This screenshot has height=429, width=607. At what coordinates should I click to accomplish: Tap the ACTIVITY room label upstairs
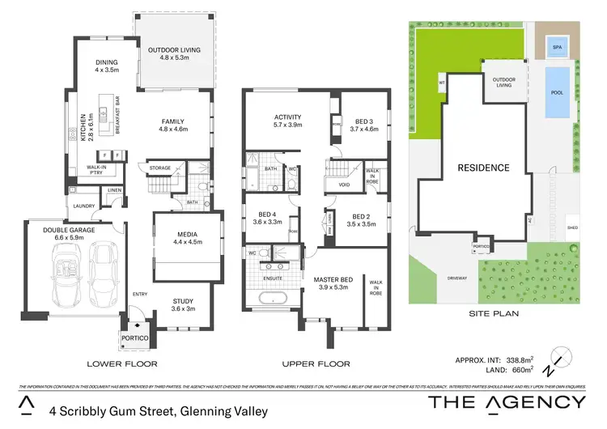pyautogui.click(x=287, y=117)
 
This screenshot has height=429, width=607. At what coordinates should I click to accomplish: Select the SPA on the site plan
pyautogui.click(x=556, y=46)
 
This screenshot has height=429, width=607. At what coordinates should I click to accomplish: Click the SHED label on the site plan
pyautogui.click(x=572, y=228)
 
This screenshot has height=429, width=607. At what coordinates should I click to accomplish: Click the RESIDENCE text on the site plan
pyautogui.click(x=483, y=168)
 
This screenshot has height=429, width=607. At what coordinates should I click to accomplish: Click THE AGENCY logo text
pyautogui.click(x=506, y=402)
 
